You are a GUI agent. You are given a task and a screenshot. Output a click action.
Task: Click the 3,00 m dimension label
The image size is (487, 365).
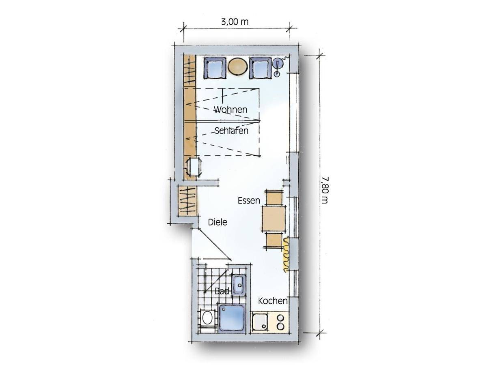pyautogui.click(x=235, y=22)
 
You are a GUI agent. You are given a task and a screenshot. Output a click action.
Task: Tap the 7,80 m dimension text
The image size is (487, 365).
pyautogui.click(x=324, y=190)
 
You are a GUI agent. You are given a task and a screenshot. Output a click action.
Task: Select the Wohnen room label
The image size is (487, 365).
pyautogui.click(x=231, y=109)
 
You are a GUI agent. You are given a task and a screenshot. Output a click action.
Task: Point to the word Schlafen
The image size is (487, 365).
pyautogui.click(x=231, y=131)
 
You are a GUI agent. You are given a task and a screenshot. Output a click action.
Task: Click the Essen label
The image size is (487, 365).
pyautogui.click(x=249, y=201)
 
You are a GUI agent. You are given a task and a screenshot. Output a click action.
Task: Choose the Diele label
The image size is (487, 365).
pyautogui.click(x=218, y=222)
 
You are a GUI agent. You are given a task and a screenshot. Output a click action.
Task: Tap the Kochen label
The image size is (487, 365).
pyautogui.click(x=273, y=301)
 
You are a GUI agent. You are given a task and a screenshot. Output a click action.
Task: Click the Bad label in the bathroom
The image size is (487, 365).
pyautogui.click(x=222, y=291)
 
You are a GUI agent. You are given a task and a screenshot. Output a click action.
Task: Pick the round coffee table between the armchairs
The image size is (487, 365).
pyautogui.click(x=238, y=66)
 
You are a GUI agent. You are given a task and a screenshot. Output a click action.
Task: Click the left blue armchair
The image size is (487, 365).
pyautogui.click(x=215, y=68)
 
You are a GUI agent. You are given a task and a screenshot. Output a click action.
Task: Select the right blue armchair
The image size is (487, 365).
pyautogui.click(x=260, y=68)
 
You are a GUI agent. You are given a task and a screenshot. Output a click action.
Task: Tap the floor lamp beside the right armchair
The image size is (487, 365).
pyautogui.click(x=278, y=66)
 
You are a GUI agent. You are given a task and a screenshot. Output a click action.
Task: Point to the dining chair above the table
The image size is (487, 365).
pyautogui.click(x=274, y=198)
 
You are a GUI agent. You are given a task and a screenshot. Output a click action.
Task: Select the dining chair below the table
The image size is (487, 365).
pyautogui.click(x=274, y=240)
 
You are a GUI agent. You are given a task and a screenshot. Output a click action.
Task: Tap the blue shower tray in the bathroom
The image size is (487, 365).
pyautogui.click(x=232, y=318)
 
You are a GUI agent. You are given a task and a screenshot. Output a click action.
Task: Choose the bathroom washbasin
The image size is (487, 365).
pyautogui.click(x=239, y=285)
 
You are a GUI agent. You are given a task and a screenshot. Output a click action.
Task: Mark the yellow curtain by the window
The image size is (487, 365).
pyautogui.click(x=286, y=254)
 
